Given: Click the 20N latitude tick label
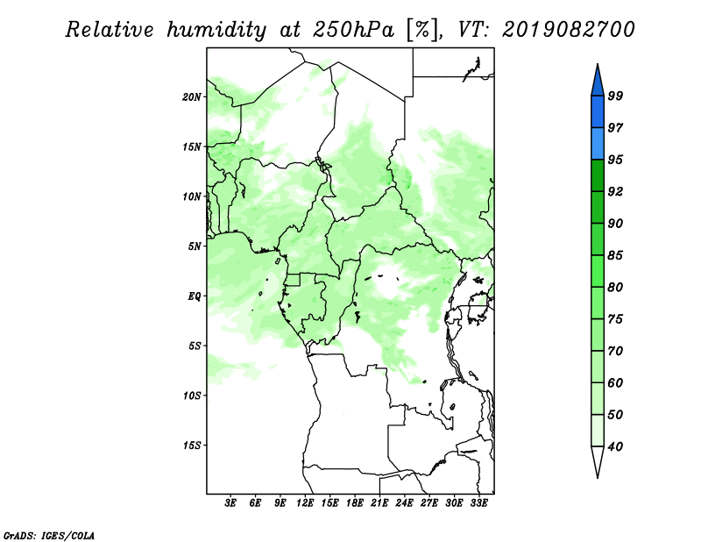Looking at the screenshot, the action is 191,96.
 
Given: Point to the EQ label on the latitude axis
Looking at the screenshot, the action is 195,296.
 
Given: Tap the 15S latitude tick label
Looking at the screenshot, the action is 191,445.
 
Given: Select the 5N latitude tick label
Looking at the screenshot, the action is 195,246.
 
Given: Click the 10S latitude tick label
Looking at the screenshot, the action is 191,396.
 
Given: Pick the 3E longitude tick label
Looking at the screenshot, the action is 230,503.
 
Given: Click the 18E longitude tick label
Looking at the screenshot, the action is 355,503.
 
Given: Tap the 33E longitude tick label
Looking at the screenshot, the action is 478,503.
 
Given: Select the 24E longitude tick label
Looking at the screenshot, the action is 404,503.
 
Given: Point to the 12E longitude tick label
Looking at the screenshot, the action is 305,503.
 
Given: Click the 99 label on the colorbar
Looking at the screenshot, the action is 615,96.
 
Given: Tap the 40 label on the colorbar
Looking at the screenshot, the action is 615,446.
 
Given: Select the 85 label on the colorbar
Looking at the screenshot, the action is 615,255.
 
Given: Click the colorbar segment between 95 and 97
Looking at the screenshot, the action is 598,144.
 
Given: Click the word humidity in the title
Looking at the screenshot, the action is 216,30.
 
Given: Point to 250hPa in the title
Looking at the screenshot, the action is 353,30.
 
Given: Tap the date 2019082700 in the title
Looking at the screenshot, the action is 568,30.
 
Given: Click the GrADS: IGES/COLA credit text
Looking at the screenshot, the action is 49,535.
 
